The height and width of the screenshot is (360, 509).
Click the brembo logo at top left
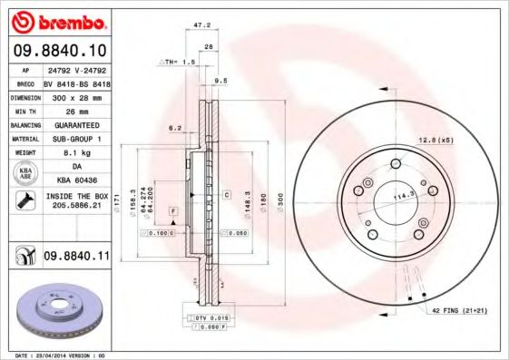56,20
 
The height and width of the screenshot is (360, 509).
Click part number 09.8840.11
76,258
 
